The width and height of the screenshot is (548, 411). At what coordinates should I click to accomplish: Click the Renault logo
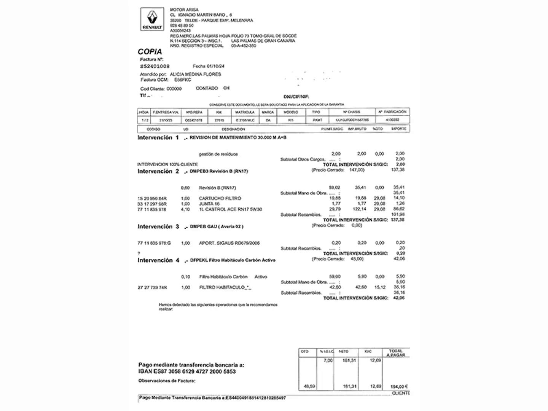tap(152, 19)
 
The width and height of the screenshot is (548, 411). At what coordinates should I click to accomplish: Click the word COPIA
tap(150, 52)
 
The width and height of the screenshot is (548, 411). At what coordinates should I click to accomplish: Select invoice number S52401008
tap(155, 66)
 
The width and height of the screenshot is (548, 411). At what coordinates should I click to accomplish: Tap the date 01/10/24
tap(216, 66)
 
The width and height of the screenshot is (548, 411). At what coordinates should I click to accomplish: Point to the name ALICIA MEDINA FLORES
tap(195, 74)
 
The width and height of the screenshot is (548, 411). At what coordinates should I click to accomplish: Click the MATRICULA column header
tap(245, 112)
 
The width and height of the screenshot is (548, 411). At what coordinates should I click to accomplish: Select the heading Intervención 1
tap(158, 138)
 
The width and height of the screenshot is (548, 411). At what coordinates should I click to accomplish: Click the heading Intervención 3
tap(158, 227)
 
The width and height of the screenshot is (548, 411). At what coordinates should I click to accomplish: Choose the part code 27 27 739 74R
tap(152, 288)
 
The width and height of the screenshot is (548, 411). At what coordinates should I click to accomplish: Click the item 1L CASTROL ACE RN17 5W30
tap(230, 209)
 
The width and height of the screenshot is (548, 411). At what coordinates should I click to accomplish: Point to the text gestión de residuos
tap(218, 154)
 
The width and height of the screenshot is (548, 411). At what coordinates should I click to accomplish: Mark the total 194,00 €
tap(399, 387)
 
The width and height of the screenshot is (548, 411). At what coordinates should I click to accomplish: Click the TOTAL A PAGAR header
tap(396, 353)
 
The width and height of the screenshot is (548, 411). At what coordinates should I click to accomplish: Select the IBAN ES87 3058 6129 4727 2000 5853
tap(187, 371)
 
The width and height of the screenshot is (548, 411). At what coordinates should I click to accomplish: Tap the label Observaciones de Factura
tap(167, 381)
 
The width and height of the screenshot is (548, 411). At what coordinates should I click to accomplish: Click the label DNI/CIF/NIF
tap(296, 97)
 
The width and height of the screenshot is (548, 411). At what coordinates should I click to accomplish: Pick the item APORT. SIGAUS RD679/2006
tap(229, 243)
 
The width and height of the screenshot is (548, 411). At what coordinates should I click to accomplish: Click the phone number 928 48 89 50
tap(182, 25)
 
